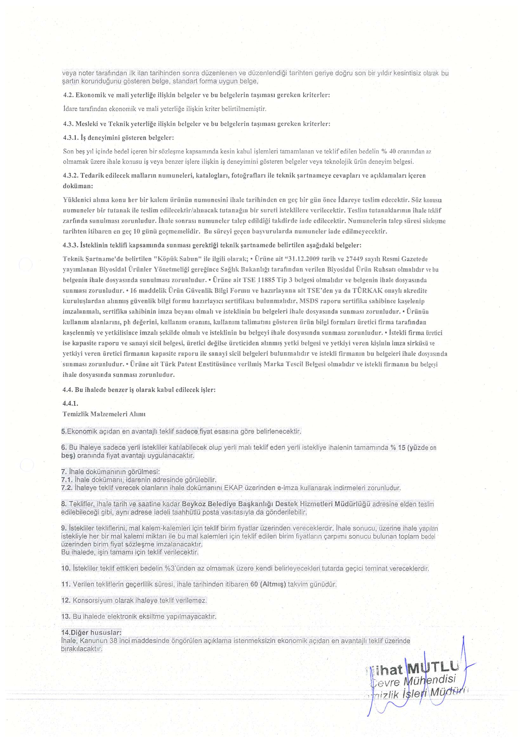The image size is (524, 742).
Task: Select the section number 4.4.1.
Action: point(71,404)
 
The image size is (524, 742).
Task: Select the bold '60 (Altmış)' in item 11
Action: point(268,584)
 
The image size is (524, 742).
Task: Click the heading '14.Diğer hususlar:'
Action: point(91,632)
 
